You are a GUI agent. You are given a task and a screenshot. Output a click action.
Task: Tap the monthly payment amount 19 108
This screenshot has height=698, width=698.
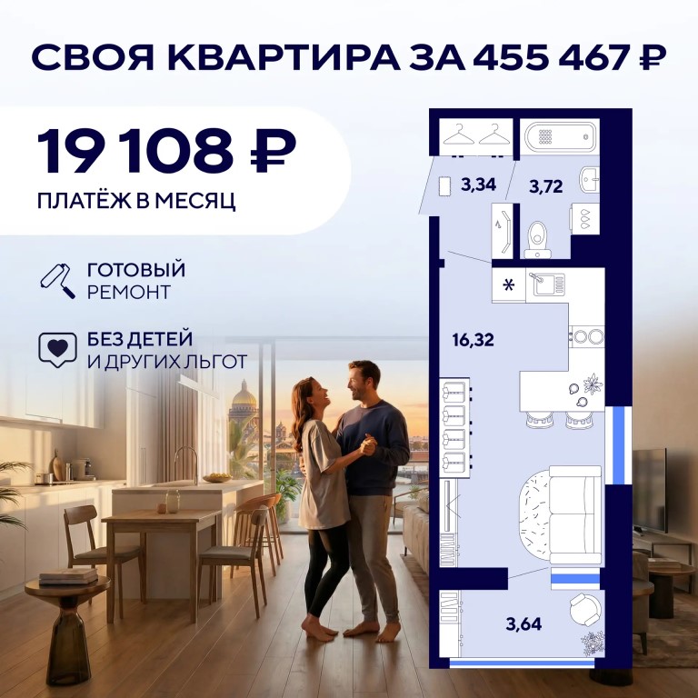point(135,151)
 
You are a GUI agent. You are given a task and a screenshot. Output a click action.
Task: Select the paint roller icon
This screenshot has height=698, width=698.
point(57,281)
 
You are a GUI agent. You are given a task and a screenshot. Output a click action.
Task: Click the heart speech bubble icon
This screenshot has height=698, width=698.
point(57,350)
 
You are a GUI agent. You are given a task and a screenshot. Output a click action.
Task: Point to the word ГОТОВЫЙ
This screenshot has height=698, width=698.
point(136,270)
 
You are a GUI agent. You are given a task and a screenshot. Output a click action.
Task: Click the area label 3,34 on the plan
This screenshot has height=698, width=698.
point(479,184)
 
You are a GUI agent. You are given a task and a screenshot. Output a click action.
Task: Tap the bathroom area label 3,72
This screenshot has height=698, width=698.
point(545,186)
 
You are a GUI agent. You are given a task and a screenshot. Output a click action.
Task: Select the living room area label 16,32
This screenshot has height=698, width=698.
point(473,340)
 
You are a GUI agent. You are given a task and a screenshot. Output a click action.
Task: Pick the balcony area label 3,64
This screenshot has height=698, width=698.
point(523,624)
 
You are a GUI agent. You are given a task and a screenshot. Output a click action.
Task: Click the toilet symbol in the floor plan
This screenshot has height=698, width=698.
point(538,240)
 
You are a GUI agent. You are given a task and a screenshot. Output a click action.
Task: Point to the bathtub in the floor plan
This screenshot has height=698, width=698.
point(560,137)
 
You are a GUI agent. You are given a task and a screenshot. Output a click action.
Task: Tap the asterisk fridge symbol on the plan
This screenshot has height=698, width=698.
point(508,284)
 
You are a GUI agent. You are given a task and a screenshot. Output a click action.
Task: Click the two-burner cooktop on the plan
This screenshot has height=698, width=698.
point(588,336)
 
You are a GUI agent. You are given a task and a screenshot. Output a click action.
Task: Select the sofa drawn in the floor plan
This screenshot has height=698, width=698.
point(575,515)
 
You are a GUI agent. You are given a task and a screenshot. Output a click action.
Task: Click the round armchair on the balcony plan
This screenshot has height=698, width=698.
point(586,610)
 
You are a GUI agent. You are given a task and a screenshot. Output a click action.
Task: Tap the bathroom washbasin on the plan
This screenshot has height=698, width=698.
point(589,180)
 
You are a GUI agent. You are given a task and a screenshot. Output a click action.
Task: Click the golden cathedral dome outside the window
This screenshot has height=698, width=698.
point(244,395)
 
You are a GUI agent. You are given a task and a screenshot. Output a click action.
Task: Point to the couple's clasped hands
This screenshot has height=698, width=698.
point(368,445)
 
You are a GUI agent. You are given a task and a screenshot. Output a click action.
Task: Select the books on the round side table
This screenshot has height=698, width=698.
point(68,575)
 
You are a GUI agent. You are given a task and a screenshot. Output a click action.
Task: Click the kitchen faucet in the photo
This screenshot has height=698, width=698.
point(186,464)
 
